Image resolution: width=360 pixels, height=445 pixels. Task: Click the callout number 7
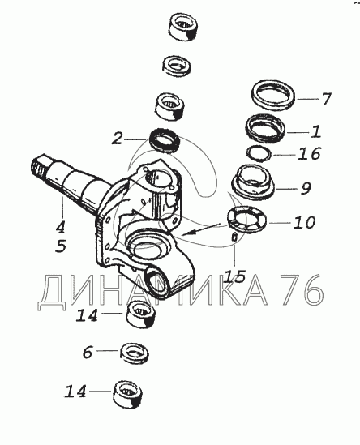pyautogui.click(x=326, y=99)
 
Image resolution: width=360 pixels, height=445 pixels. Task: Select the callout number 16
pyautogui.click(x=309, y=153)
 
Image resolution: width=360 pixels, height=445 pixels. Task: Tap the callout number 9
pyautogui.click(x=306, y=188)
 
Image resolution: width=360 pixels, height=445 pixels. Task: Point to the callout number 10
pyautogui.click(x=304, y=222)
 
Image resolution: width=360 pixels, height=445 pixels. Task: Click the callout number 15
pyautogui.click(x=234, y=276)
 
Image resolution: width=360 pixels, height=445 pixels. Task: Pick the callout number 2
pyautogui.click(x=117, y=139)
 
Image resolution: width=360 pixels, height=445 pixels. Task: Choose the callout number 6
pyautogui.click(x=88, y=353)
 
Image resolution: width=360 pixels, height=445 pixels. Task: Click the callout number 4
pyautogui.click(x=60, y=227)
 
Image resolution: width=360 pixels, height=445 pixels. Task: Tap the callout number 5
pyautogui.click(x=61, y=246)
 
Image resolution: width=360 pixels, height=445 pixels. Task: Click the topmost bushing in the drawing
pyautogui.click(x=183, y=27)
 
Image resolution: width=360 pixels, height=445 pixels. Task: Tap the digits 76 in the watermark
pyautogui.click(x=302, y=289)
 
